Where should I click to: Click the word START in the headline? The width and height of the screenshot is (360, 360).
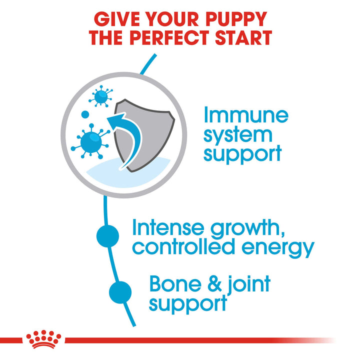coord(242,38)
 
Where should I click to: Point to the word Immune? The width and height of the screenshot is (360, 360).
coord(246,116)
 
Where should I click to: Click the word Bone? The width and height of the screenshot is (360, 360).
coord(174,284)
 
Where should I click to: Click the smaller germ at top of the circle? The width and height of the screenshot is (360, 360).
coord(101,95)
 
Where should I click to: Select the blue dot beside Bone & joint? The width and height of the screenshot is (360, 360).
coord(120,291)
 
